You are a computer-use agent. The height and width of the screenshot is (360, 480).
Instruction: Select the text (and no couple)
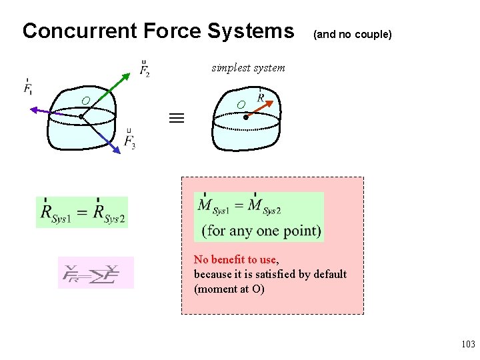click(352, 33)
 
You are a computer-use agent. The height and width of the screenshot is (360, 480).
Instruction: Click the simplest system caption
click(248, 67)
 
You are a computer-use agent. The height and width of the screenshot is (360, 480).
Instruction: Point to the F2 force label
click(145, 68)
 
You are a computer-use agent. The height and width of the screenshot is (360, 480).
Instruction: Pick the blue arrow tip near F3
click(118, 151)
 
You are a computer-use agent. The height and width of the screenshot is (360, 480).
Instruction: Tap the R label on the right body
click(261, 97)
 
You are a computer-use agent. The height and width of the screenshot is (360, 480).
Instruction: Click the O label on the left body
click(85, 101)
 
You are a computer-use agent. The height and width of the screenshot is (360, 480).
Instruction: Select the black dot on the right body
click(245, 117)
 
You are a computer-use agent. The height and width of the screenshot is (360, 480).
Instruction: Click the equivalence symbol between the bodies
click(175, 119)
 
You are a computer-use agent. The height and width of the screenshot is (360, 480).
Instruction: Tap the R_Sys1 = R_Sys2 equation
click(82, 213)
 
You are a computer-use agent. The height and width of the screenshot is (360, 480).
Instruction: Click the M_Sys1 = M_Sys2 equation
click(239, 206)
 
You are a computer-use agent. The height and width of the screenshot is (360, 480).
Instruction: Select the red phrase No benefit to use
click(235, 259)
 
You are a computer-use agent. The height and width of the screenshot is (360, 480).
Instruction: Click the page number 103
click(467, 344)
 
